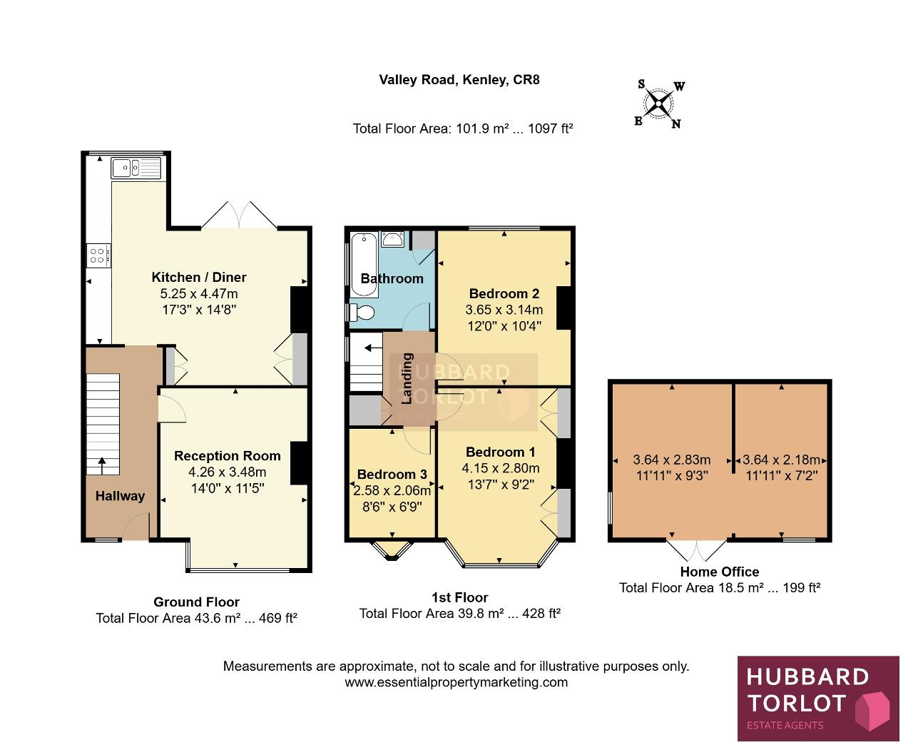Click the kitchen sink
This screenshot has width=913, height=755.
coord(136,168)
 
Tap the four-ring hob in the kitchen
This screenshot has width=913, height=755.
coord(98,255)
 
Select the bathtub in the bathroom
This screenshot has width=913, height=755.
coord(364,265)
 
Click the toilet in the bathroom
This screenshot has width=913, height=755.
coord(362,313)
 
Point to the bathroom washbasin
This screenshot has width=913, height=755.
coord(392,239)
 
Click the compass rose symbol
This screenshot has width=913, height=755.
coord(659,103)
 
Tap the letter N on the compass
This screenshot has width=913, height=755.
coord(676,123)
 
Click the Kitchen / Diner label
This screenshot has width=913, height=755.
coord(199,278)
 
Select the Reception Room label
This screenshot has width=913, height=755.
coord(228,456)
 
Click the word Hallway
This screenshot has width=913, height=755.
coord(121,496)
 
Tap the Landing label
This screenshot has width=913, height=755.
coord(407,378)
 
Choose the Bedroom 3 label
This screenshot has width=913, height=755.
coord(392,474)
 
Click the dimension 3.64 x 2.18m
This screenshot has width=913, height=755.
coord(781,460)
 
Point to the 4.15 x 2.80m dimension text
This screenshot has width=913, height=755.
coord(501,468)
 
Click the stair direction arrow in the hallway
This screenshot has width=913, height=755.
coord(102,466)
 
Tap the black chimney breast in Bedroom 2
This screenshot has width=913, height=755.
coord(564,308)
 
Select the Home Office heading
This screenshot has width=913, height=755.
coord(720,572)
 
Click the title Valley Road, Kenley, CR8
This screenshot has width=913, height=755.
coord(459,80)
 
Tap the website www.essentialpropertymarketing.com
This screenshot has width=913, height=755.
coord(456,682)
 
